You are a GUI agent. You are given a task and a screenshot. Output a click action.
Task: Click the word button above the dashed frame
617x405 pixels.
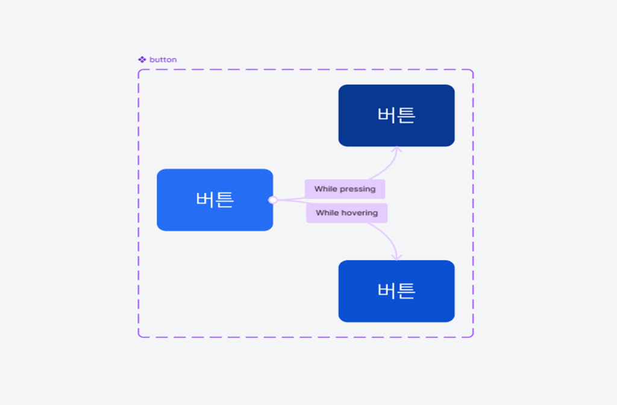[163, 60]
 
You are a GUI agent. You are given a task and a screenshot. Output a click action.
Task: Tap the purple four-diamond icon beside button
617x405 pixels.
[142, 60]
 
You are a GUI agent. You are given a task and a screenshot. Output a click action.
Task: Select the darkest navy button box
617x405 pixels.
[396, 115]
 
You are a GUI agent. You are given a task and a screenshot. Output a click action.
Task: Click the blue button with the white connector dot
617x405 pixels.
[215, 200]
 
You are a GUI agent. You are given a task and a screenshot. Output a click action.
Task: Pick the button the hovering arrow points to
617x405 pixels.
[396, 291]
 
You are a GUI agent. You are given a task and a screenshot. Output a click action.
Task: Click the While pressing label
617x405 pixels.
[345, 189]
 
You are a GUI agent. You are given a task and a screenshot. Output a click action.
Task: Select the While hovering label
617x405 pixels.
[346, 213]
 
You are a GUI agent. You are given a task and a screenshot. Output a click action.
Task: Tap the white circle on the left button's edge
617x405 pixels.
[273, 200]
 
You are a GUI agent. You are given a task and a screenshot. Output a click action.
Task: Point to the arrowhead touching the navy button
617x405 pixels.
[396, 149]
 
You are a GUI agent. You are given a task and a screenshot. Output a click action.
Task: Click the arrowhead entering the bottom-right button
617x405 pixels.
[396, 257]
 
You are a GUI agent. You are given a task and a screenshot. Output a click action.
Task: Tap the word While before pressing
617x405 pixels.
[326, 189]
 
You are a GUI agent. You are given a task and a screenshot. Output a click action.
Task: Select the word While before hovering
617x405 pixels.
[327, 213]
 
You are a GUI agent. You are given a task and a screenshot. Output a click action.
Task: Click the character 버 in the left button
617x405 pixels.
[205, 199]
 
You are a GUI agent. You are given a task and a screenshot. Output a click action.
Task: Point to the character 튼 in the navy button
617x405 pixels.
[406, 115]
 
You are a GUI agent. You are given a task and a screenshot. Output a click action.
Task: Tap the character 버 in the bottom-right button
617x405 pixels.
[386, 291]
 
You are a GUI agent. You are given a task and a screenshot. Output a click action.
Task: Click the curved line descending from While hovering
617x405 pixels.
[386, 237]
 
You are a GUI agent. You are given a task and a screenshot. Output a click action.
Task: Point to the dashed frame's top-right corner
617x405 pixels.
[473, 70]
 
